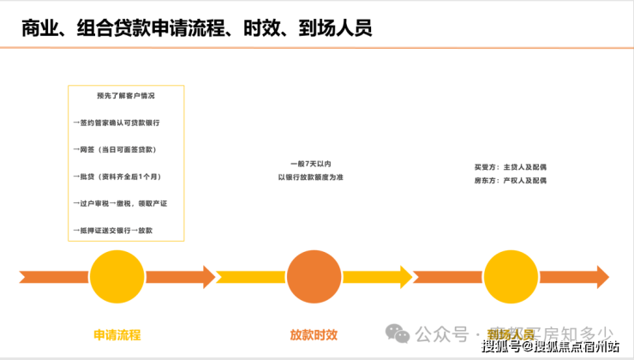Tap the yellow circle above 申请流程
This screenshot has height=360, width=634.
point(117,277)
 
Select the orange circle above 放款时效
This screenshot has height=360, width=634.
point(314,277)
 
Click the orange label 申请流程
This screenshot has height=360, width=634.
point(117,334)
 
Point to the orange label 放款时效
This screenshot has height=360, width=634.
point(314,334)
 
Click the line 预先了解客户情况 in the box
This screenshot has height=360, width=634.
point(126,96)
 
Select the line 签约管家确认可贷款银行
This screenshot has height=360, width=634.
point(117,123)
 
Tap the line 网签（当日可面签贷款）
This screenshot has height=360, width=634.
point(115,149)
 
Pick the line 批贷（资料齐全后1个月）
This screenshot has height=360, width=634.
point(117,177)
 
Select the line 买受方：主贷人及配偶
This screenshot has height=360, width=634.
point(510,167)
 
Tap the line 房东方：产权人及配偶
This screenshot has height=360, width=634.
point(510,181)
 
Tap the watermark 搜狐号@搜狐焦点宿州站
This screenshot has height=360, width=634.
point(550,347)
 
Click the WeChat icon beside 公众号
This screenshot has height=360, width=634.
point(396,333)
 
